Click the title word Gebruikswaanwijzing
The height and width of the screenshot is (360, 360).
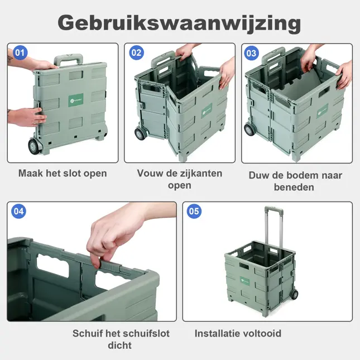(x=179, y=23)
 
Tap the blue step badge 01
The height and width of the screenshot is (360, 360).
(x=20, y=54)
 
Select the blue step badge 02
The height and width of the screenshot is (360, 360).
(x=137, y=54)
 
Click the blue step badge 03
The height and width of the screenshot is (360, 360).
(x=252, y=54)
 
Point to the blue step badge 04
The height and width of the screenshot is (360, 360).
(x=19, y=211)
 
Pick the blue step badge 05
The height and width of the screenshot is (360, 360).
(x=194, y=211)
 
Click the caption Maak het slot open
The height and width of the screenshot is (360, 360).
(x=63, y=174)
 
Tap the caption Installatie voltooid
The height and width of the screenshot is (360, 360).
(x=238, y=334)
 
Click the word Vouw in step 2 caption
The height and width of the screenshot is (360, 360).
(x=150, y=174)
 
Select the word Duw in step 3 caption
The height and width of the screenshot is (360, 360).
(x=259, y=175)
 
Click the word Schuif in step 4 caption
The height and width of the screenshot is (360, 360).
(x=88, y=334)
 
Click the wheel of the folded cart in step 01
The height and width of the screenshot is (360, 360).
(x=35, y=146)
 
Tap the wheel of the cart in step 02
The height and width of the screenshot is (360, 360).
(x=140, y=135)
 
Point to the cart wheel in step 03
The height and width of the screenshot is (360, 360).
(x=249, y=130)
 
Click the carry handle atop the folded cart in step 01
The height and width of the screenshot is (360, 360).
(x=69, y=59)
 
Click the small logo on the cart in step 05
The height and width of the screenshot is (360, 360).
(x=245, y=280)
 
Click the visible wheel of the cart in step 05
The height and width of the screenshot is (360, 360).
(x=294, y=294)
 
